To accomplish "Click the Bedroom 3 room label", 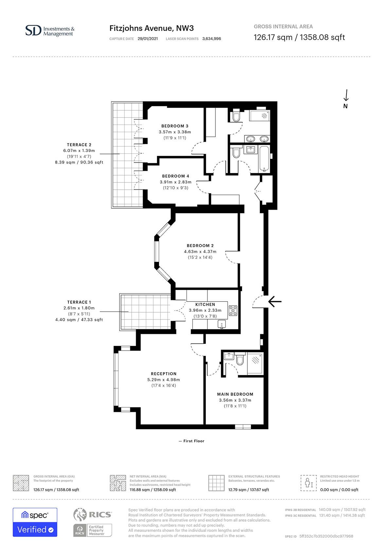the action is tap(175, 126).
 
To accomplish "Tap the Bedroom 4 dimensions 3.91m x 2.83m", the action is tap(176, 182).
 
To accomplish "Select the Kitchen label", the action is tap(205, 304).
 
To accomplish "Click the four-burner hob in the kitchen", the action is tap(233, 311).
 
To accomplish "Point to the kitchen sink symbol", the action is tap(222, 324).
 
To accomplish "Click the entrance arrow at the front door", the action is tap(275, 302).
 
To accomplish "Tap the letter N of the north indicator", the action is tap(345, 106).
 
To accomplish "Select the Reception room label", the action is tap(164, 374).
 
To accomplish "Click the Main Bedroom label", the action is tap(235, 394).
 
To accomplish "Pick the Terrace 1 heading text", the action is tap(79, 302).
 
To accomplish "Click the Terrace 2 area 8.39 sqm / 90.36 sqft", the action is tap(79, 163).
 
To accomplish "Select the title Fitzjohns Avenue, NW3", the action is tap(151, 29).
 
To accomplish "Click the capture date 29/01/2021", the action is tap(148, 39).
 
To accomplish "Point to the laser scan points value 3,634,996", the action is tap(212, 39).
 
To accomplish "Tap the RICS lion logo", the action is tap(80, 514).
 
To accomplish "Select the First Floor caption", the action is tap(191, 441).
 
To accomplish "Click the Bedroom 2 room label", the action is tap(200, 246).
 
